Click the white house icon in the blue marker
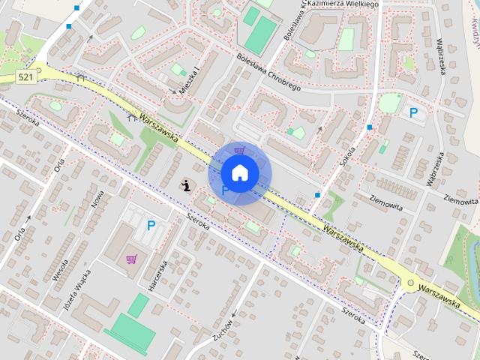pyautogui.click(x=239, y=172)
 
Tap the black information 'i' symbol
pyautogui.click(x=185, y=184)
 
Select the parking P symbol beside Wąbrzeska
pyautogui.click(x=412, y=113)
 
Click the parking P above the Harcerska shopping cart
pyautogui.click(x=151, y=225)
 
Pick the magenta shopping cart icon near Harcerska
pyautogui.click(x=132, y=259)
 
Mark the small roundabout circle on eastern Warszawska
pyautogui.click(x=409, y=283)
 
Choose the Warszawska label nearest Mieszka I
pyautogui.click(x=157, y=127)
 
